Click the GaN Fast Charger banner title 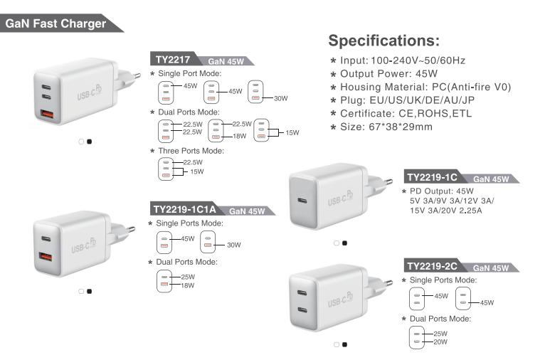[x=55, y=23]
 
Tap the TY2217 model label [x=173, y=60]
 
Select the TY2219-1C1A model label [x=184, y=209]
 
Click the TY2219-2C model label [x=432, y=266]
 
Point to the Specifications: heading [x=384, y=41]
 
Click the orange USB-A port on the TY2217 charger [x=47, y=115]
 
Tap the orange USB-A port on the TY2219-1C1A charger [x=46, y=258]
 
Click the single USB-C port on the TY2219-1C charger [x=302, y=201]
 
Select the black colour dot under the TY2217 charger [x=90, y=142]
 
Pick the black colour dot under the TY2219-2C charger [x=345, y=344]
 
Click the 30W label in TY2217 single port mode [x=281, y=98]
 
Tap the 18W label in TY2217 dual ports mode [x=240, y=136]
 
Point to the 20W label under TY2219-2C [x=440, y=342]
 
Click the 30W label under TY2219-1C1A [x=234, y=245]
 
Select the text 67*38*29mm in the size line [x=401, y=127]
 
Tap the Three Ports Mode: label [x=191, y=151]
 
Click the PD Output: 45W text [x=441, y=191]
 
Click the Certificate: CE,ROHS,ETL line [x=406, y=114]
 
